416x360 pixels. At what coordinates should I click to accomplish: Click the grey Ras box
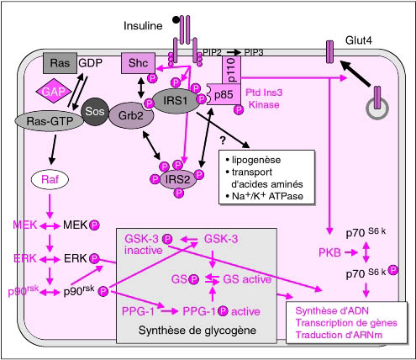tap(60, 63)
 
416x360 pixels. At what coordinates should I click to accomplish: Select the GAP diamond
tap(54, 92)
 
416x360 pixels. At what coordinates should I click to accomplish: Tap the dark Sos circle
tap(95, 112)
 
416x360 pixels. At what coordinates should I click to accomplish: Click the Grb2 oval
tap(131, 115)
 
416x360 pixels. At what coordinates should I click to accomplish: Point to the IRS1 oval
tap(176, 101)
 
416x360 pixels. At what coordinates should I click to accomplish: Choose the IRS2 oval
tap(178, 179)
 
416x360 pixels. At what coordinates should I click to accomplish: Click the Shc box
tap(138, 63)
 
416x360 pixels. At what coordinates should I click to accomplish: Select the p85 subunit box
tap(224, 95)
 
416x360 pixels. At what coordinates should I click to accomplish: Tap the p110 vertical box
tap(232, 70)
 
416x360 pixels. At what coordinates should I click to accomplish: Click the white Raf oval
tap(50, 179)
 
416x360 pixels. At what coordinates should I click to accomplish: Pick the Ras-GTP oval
tap(50, 121)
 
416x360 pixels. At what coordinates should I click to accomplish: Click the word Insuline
tap(143, 26)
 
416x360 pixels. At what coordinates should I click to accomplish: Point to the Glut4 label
tap(359, 40)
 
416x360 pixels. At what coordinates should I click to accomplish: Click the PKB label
tap(329, 253)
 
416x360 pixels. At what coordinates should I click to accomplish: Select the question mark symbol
tap(223, 140)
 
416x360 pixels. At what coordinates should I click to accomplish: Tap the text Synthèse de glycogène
tap(197, 331)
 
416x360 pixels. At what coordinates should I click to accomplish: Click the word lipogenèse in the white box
tap(256, 160)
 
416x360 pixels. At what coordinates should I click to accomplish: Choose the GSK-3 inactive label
tap(144, 245)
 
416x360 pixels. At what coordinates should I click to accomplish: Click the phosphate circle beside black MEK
tap(94, 225)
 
